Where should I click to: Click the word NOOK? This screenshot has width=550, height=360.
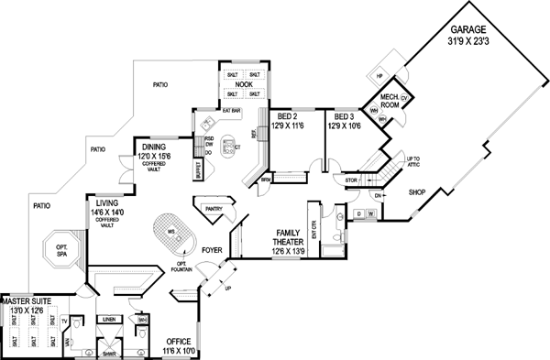(243, 84)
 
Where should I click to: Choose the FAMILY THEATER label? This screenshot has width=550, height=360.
(280, 240)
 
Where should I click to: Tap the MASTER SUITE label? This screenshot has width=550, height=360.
(26, 300)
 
